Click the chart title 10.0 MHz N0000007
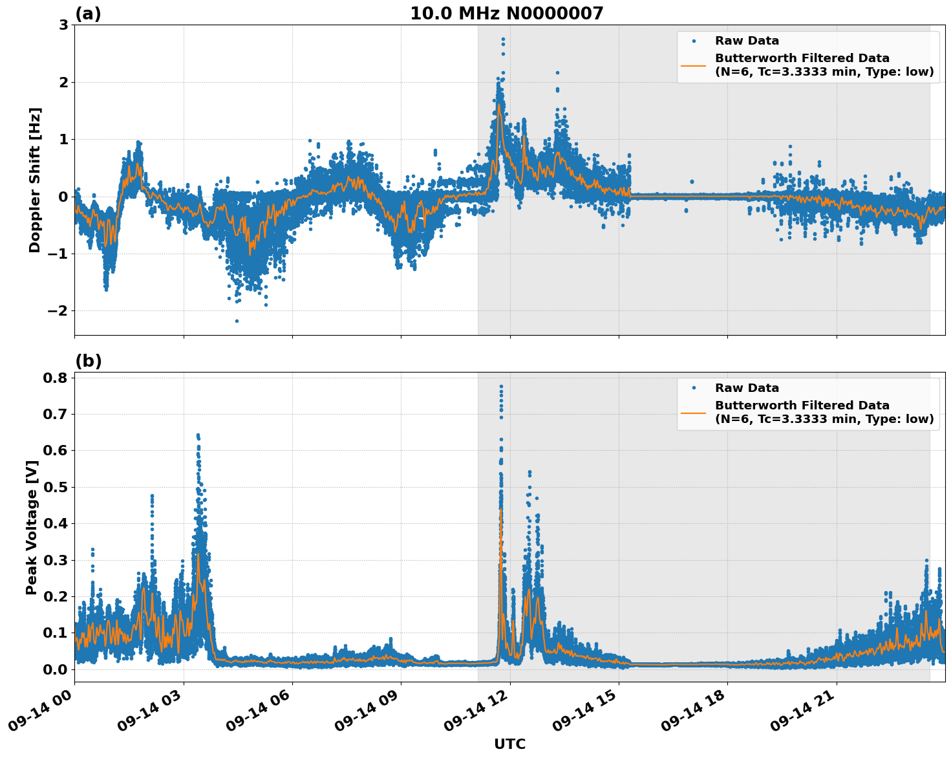tap(506, 14)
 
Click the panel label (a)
tap(88, 14)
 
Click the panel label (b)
tap(88, 361)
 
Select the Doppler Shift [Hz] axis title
tap(35, 180)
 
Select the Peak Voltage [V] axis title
tap(32, 527)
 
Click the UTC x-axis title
tap(509, 744)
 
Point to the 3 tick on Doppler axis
tap(63, 25)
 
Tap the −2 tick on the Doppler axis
tap(58, 311)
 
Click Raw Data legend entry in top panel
tap(747, 41)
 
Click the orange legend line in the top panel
tap(694, 65)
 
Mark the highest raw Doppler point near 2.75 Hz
tap(503, 39)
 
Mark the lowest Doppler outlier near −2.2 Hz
tap(237, 321)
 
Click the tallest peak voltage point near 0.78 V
tap(501, 387)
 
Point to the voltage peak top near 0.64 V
tap(198, 435)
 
